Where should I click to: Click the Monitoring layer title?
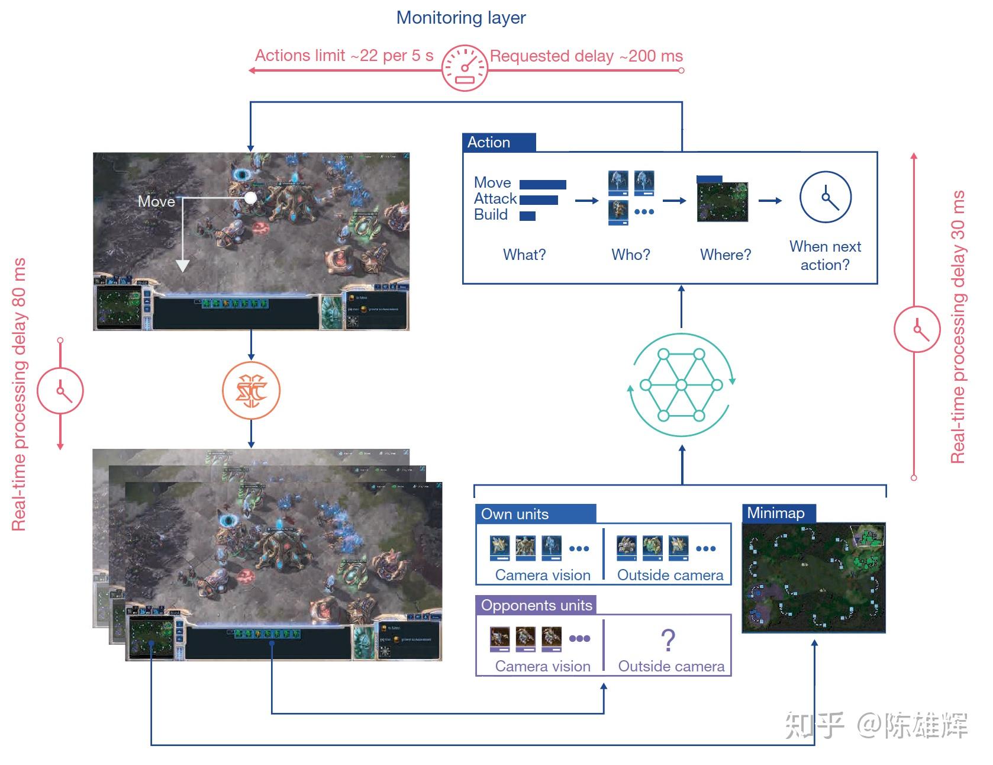(x=461, y=18)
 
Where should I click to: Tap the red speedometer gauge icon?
(x=465, y=68)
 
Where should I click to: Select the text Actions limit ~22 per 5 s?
(x=344, y=56)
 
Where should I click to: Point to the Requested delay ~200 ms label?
(x=586, y=56)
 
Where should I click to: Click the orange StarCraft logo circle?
(x=251, y=391)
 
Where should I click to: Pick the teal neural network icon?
(x=681, y=385)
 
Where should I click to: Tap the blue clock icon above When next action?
(x=825, y=197)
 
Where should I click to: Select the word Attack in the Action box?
(x=495, y=198)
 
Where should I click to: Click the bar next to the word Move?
(x=543, y=184)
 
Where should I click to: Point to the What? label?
(x=524, y=255)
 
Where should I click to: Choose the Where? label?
(x=726, y=255)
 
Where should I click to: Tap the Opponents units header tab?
(x=536, y=605)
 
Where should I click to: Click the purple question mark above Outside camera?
(x=668, y=640)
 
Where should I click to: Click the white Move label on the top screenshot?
(x=156, y=201)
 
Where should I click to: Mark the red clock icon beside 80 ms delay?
(x=60, y=391)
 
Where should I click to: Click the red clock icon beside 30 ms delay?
(x=917, y=329)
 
